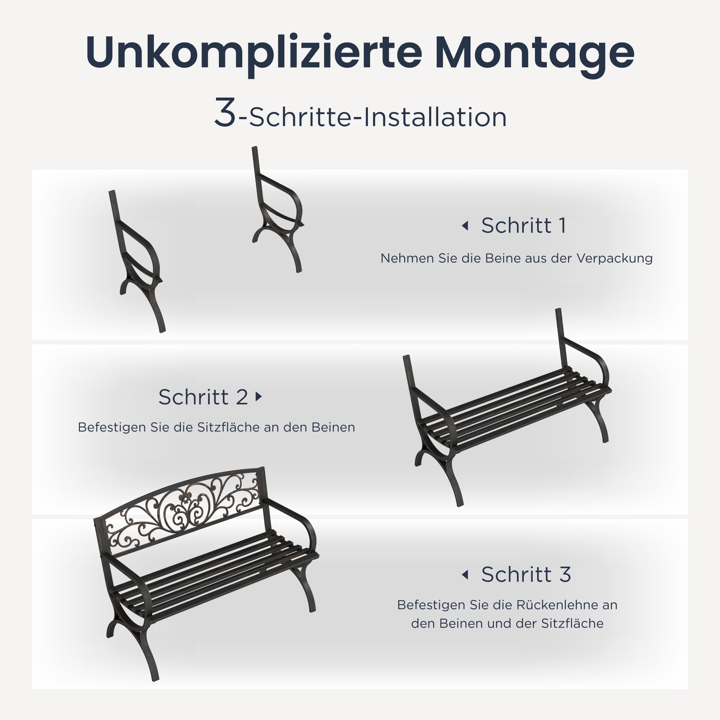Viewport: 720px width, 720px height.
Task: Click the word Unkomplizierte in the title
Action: pyautogui.click(x=254, y=53)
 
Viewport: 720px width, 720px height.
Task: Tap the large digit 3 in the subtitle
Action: pyautogui.click(x=225, y=112)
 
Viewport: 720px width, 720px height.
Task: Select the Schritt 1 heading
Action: pyautogui.click(x=523, y=225)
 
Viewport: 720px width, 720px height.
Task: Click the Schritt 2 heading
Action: pyautogui.click(x=203, y=397)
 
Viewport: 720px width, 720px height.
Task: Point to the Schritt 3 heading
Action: pyautogui.click(x=526, y=574)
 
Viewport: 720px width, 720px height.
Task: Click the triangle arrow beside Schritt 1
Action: pyautogui.click(x=465, y=225)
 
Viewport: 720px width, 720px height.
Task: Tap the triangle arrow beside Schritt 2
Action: pyautogui.click(x=259, y=396)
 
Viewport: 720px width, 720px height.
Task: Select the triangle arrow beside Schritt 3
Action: pyautogui.click(x=465, y=575)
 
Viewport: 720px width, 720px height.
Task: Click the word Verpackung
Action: pyautogui.click(x=615, y=258)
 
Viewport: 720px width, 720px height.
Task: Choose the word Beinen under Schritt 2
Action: pyautogui.click(x=333, y=427)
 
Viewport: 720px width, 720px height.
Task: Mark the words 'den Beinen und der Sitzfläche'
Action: pyautogui.click(x=507, y=624)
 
